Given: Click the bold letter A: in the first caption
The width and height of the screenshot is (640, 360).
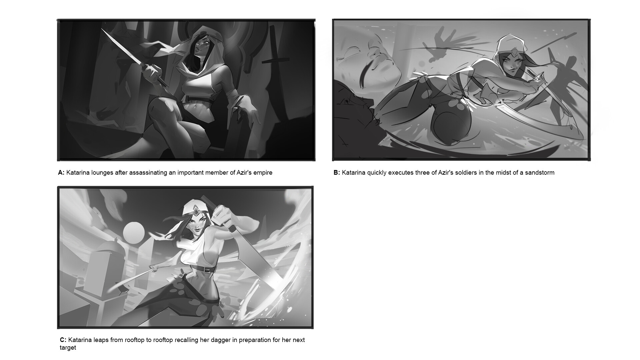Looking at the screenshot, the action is pos(61,173).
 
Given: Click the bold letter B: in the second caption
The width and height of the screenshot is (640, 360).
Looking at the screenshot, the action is pos(337,173).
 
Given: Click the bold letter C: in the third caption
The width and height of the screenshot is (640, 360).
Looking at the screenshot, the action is pos(63,340).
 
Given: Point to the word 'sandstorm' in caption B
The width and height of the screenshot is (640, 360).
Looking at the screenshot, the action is pos(540,173).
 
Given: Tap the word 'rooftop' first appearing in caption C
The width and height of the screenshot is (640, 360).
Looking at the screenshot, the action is pos(135,340).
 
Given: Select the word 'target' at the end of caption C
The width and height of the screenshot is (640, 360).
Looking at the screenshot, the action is pos(68,348).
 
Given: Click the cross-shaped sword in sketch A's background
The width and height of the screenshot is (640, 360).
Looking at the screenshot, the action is pos(274,53).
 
